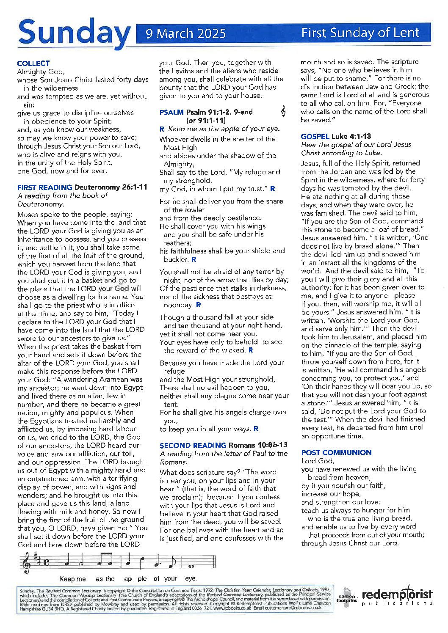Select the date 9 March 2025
(x=185, y=33)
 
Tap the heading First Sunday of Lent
(x=360, y=33)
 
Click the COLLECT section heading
(x=33, y=63)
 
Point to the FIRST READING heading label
(x=44, y=187)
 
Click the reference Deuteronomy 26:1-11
(x=111, y=187)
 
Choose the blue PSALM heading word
(x=171, y=112)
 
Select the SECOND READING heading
(x=193, y=445)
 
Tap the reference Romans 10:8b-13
(x=258, y=445)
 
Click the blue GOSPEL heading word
(x=315, y=136)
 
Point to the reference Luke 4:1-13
(x=351, y=136)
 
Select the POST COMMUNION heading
(x=336, y=452)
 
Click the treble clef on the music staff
(x=26, y=563)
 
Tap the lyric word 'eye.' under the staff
(x=191, y=579)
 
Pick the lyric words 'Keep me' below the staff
(x=72, y=579)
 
